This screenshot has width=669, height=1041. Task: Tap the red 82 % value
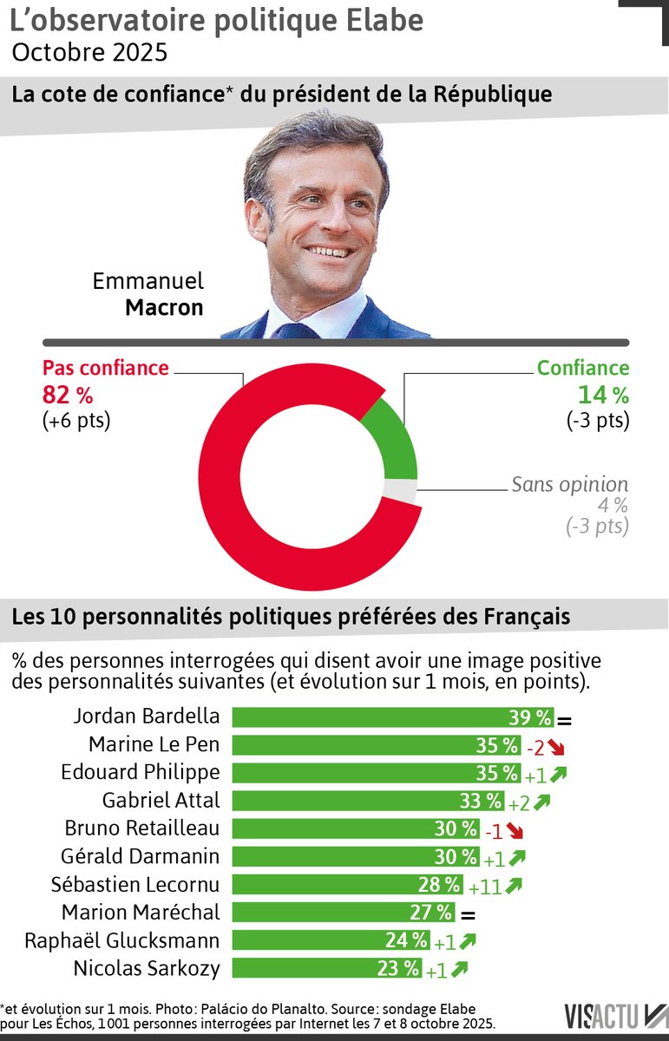tap(68, 395)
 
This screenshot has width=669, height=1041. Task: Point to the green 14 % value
tap(603, 395)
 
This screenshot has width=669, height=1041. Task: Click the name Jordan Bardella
tap(147, 717)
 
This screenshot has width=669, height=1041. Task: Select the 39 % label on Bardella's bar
tap(530, 717)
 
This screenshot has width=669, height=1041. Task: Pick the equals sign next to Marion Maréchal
tap(469, 913)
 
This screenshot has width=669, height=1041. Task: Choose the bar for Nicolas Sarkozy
tap(326, 969)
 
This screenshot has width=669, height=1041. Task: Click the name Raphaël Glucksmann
tap(121, 940)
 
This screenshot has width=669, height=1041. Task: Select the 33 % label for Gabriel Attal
tap(481, 801)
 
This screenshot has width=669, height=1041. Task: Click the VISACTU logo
tap(611, 1014)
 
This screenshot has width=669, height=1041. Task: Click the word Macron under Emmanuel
tap(164, 307)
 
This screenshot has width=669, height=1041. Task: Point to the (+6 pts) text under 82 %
tap(76, 421)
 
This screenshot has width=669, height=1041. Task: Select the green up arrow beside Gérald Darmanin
tap(518, 858)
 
